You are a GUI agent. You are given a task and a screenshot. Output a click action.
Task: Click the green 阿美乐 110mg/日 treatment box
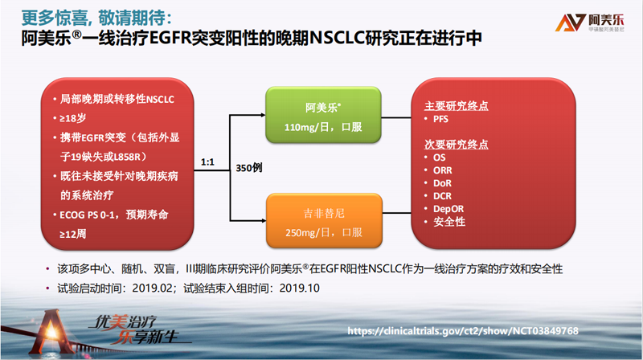point(323,115)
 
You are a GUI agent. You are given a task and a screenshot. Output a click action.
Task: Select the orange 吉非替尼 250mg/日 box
point(324,221)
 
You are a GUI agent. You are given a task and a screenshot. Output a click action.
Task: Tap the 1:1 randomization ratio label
point(207,162)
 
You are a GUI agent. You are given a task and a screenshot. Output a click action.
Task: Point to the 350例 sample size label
point(249,168)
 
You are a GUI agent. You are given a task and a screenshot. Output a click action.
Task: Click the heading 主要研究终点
point(457,106)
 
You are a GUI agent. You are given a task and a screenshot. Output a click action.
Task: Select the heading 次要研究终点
point(457,145)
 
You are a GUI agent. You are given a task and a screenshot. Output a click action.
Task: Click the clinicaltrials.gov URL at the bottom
point(463,331)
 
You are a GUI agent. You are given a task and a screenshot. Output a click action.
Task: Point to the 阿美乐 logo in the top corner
point(590,22)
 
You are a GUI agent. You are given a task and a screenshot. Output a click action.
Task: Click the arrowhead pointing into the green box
point(264,115)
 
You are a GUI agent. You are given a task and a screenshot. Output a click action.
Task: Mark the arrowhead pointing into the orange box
point(264,221)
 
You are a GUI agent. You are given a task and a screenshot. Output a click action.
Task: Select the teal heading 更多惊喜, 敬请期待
point(96,18)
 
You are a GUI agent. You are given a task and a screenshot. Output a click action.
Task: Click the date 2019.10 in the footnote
point(299,288)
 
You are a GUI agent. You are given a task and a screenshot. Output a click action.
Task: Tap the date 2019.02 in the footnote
point(152,288)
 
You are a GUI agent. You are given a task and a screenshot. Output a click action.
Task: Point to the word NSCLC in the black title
point(337,38)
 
